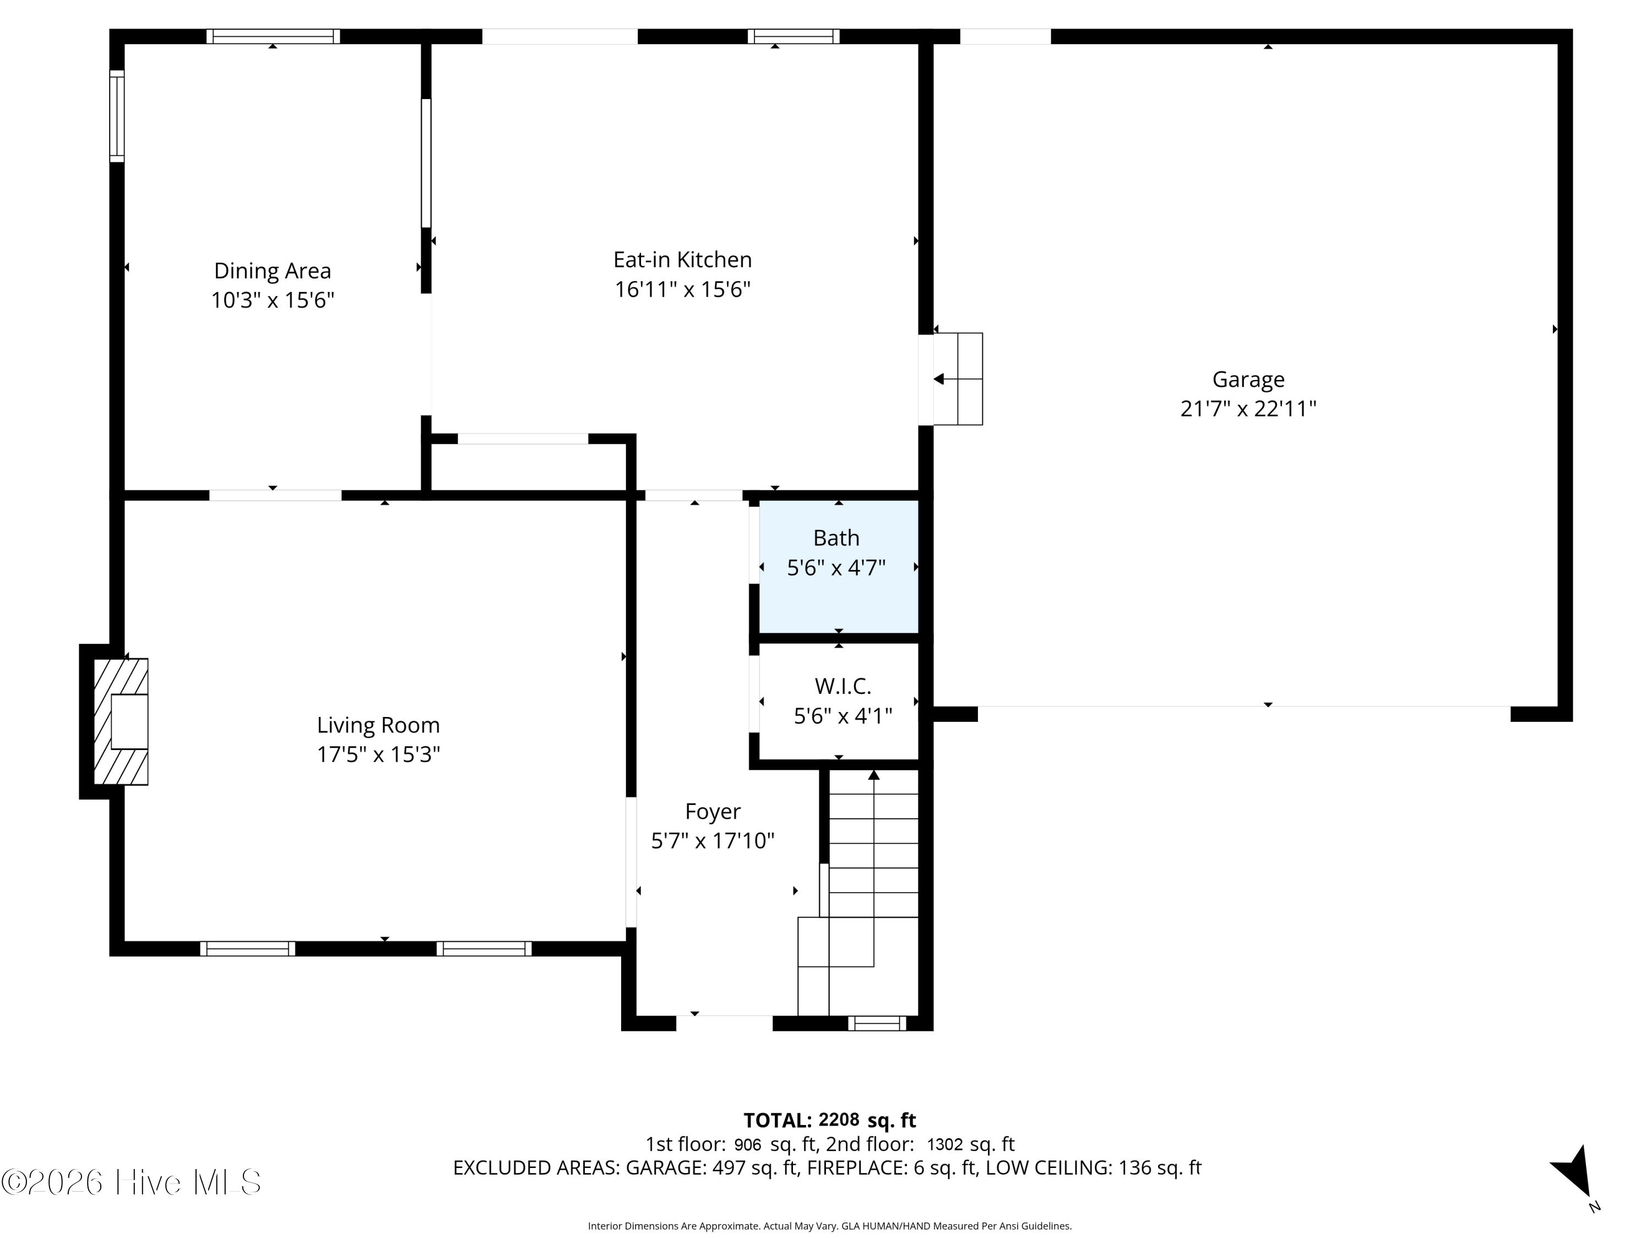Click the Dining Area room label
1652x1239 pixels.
(x=273, y=270)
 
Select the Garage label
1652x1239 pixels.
(x=1248, y=379)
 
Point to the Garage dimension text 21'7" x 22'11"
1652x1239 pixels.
(x=1248, y=409)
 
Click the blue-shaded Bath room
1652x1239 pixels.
(x=839, y=567)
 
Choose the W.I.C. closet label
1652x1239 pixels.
(x=843, y=686)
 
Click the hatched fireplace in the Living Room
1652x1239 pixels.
(x=121, y=721)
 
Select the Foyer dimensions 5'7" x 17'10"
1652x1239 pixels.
(x=713, y=841)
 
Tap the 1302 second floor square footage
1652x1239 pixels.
(x=945, y=1144)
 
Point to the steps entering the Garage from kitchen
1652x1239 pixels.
(x=958, y=379)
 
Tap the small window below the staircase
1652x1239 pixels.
(x=877, y=1023)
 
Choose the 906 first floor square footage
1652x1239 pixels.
(x=748, y=1144)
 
